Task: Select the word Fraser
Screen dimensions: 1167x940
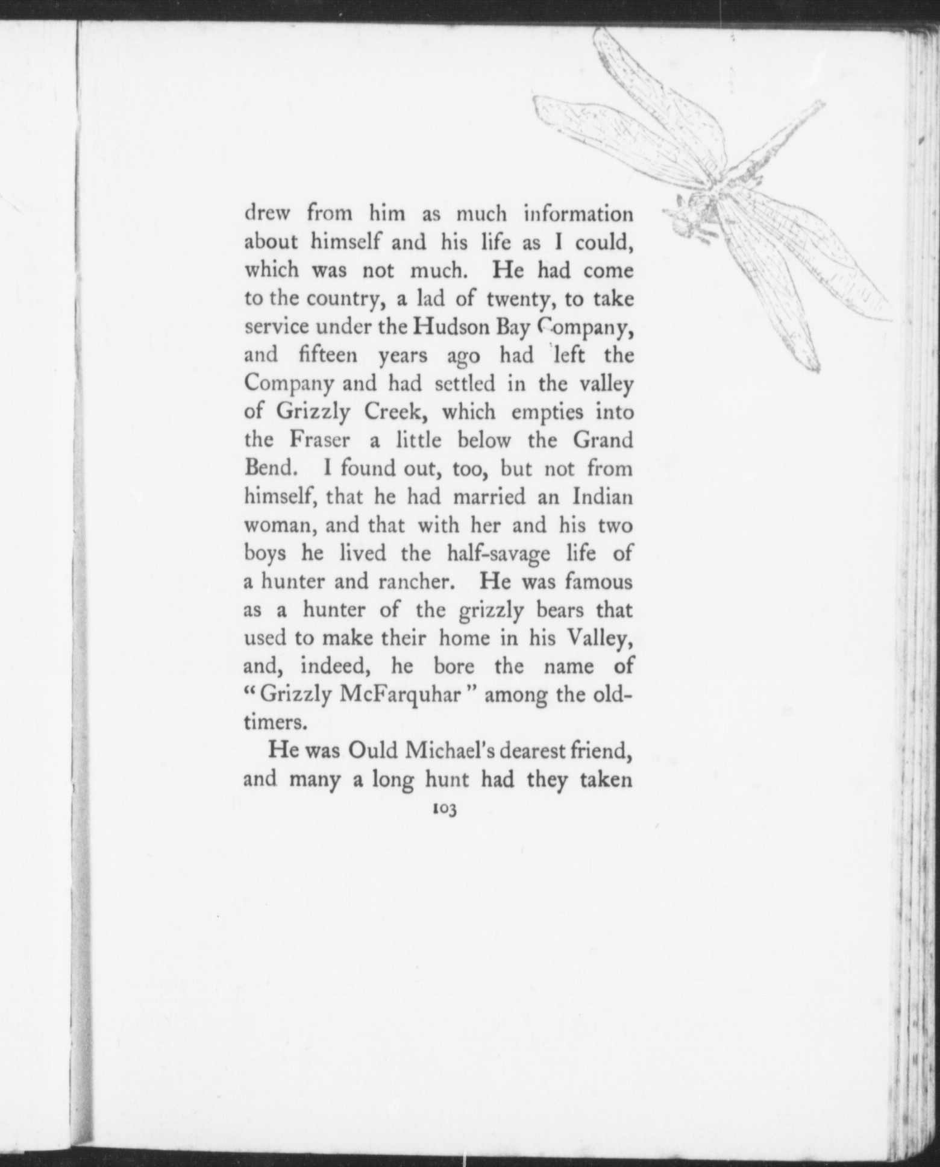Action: [x=320, y=440]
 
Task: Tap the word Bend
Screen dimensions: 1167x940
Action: [x=268, y=468]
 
